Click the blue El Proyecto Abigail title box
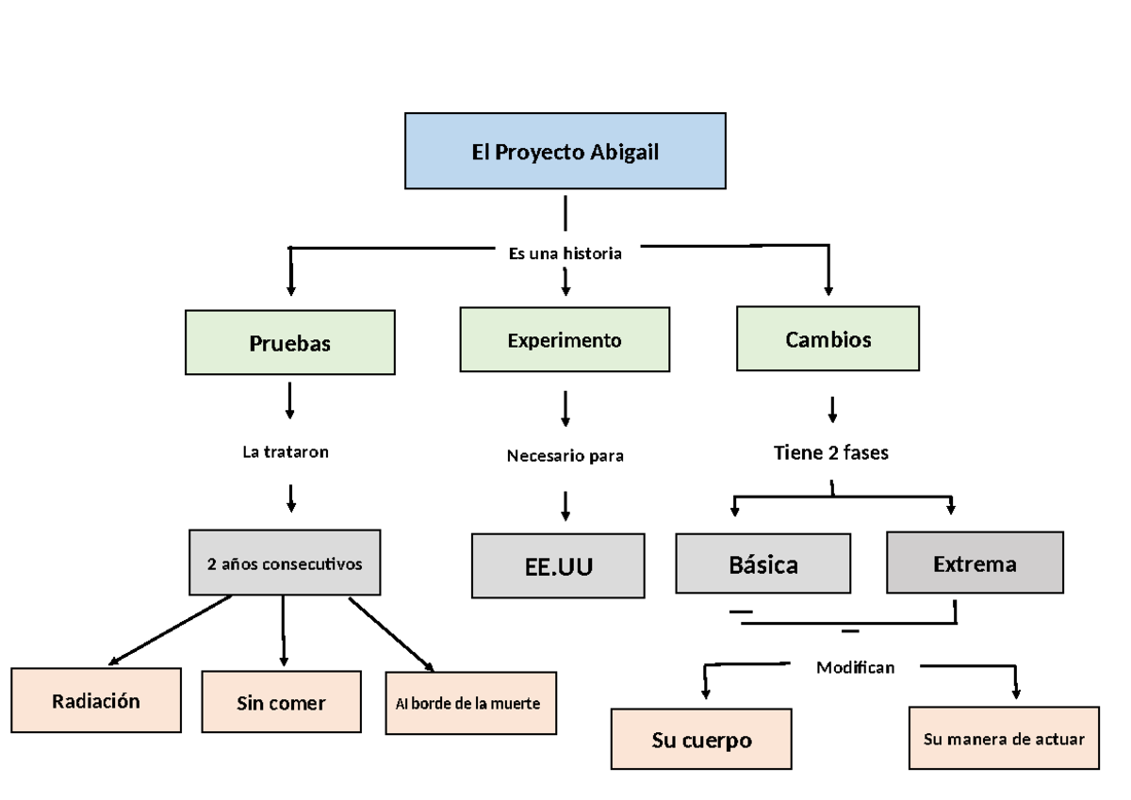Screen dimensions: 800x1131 565,151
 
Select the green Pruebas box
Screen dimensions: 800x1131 289,343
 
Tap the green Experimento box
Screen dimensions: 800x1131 565,339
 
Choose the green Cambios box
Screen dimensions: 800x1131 828,338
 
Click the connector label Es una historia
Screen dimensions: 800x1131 565,253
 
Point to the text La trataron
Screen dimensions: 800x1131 286,451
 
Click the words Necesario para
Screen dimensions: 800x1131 565,456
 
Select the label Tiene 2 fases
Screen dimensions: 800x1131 830,452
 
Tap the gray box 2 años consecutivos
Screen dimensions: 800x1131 285,563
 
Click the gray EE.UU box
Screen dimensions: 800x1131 558,566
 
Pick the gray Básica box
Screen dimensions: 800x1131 762,564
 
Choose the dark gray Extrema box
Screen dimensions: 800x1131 975,563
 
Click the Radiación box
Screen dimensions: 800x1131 96,700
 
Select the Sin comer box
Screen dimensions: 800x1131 281,702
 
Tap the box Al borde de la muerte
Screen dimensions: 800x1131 470,703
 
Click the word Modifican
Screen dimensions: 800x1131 855,667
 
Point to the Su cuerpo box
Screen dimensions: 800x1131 701,740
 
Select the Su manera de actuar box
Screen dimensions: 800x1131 1004,738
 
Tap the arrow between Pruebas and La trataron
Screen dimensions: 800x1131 289,400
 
